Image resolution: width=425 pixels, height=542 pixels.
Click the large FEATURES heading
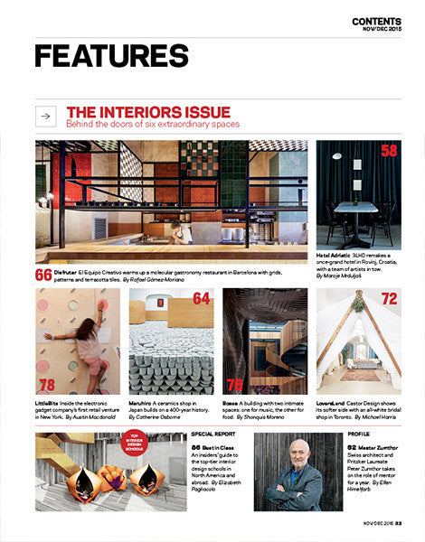(111, 56)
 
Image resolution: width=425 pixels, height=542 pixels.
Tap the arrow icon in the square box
(48, 117)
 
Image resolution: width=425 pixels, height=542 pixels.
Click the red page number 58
(389, 151)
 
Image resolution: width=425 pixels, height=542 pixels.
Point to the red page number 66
(43, 275)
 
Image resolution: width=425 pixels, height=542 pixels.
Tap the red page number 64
(201, 299)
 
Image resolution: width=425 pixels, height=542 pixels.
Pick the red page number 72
(389, 299)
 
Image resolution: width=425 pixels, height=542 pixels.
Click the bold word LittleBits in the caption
(52, 403)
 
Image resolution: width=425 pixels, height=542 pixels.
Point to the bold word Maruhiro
(145, 403)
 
